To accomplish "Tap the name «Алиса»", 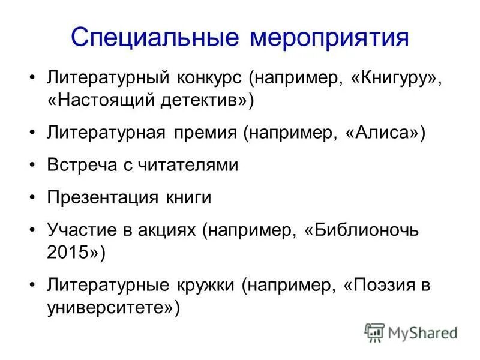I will [384, 133].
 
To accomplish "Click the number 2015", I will [65, 252].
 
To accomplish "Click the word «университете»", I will [109, 307].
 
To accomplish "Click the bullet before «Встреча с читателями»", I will [32, 165].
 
